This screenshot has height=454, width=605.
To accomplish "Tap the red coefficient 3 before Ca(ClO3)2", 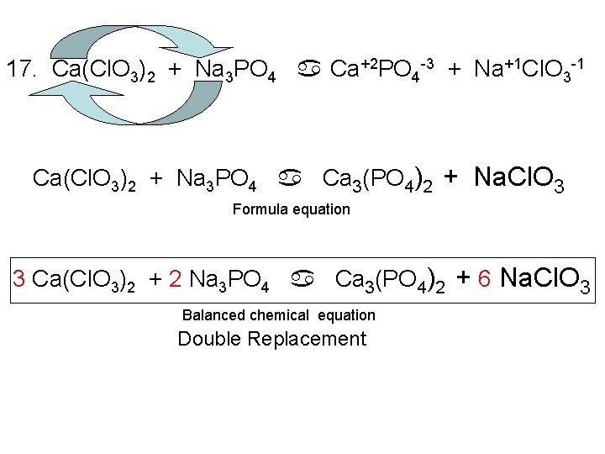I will tap(19, 278).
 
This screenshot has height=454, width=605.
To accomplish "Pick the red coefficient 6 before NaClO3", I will tap(484, 277).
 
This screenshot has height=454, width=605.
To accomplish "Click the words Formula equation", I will tap(291, 209).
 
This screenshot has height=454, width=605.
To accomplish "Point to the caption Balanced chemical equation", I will tap(279, 315).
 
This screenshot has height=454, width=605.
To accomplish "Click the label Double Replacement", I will tap(271, 339).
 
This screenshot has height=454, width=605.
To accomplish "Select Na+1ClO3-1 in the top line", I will tap(526, 69).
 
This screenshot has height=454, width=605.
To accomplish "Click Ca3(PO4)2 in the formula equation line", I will tap(378, 179).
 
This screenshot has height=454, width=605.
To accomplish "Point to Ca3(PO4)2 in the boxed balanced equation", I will tap(391, 278).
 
